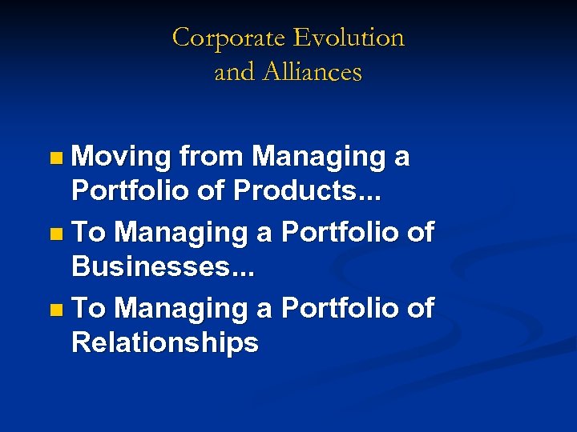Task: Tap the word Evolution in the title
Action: (x=349, y=38)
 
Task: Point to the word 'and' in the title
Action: (x=233, y=72)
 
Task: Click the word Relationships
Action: (x=165, y=342)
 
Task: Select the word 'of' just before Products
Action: (x=214, y=192)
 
